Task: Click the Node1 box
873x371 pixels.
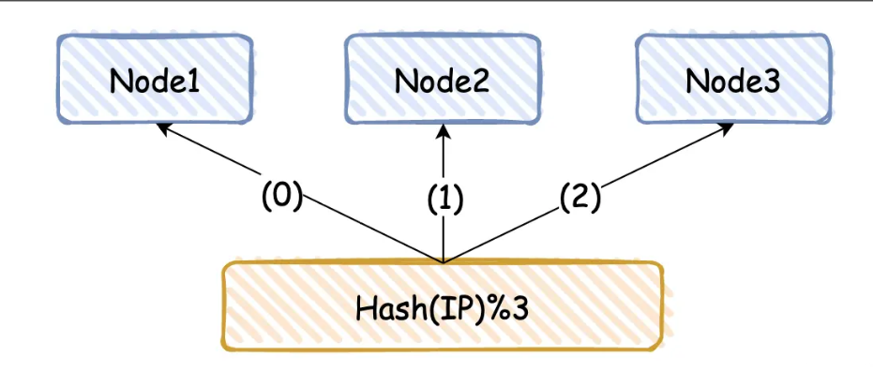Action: click(x=155, y=81)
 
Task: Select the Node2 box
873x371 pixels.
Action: click(x=442, y=81)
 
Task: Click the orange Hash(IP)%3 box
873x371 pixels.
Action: click(x=442, y=306)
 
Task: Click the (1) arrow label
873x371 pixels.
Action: click(x=444, y=200)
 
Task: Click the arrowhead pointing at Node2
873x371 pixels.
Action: click(x=443, y=129)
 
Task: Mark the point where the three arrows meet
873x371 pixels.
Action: click(x=443, y=261)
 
